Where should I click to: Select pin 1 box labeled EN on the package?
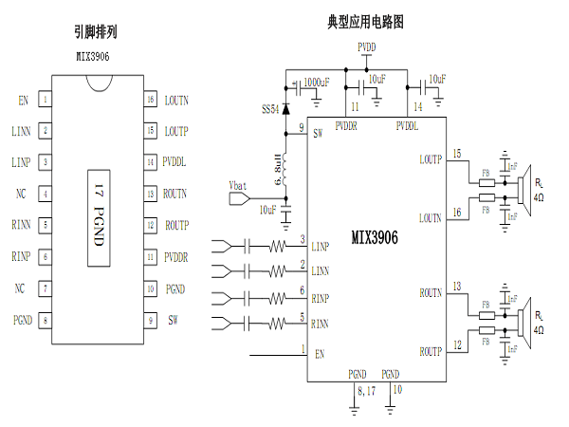pyautogui.click(x=45, y=99)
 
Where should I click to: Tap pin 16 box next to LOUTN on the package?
pyautogui.click(x=150, y=99)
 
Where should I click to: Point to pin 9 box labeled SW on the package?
pyautogui.click(x=150, y=319)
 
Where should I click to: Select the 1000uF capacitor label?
pyautogui.click(x=318, y=84)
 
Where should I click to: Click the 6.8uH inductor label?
pyautogui.click(x=278, y=168)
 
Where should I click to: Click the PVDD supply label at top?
pyautogui.click(x=366, y=46)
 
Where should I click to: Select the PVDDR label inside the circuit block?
pyautogui.click(x=348, y=125)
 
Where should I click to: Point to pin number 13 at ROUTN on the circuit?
pyautogui.click(x=457, y=286)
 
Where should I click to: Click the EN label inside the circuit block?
pyautogui.click(x=320, y=354)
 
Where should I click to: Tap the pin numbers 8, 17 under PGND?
pyautogui.click(x=364, y=389)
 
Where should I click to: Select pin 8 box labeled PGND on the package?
pyautogui.click(x=45, y=319)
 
